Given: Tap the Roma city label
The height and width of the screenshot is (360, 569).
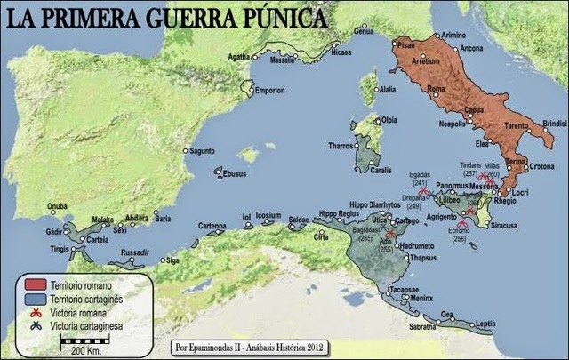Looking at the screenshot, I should tap(436, 89).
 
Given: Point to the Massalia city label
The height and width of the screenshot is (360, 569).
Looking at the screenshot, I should tap(282, 61).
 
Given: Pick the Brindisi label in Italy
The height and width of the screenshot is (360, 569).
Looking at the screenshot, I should tap(554, 122).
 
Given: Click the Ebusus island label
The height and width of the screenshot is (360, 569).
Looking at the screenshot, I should tap(234, 174).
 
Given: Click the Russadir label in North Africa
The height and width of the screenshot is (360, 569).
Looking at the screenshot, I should tap(135, 252).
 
